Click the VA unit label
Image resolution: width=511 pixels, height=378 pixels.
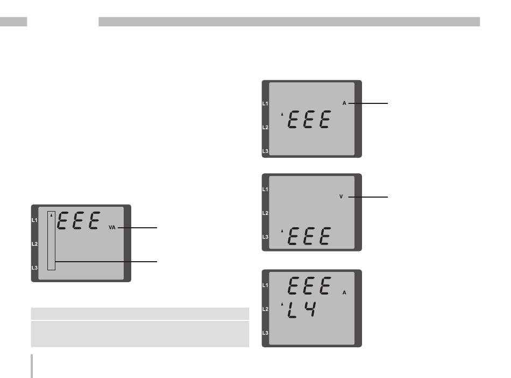(x=112, y=228)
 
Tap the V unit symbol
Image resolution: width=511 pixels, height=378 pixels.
(x=341, y=197)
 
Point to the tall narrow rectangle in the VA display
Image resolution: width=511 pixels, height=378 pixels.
(x=51, y=240)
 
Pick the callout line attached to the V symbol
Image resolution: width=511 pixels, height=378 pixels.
(x=367, y=197)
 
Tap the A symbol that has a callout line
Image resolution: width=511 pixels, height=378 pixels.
(x=344, y=102)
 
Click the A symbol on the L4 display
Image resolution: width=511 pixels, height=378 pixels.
(x=344, y=293)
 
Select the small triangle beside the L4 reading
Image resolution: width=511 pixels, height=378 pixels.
(x=282, y=304)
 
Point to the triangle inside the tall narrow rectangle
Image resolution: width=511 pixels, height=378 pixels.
(x=51, y=215)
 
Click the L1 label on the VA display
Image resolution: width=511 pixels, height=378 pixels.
(x=34, y=220)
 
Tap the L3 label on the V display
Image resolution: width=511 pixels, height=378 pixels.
(x=265, y=237)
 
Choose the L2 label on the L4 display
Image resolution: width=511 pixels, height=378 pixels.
(x=265, y=309)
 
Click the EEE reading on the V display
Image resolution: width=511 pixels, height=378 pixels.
(x=308, y=236)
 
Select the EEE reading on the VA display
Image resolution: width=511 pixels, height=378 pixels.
(x=79, y=221)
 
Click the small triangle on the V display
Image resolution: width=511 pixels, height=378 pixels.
(x=282, y=230)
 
